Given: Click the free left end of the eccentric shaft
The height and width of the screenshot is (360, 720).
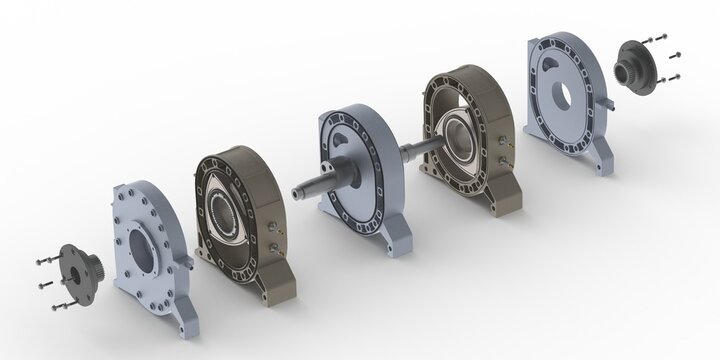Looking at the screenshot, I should (x=298, y=189).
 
